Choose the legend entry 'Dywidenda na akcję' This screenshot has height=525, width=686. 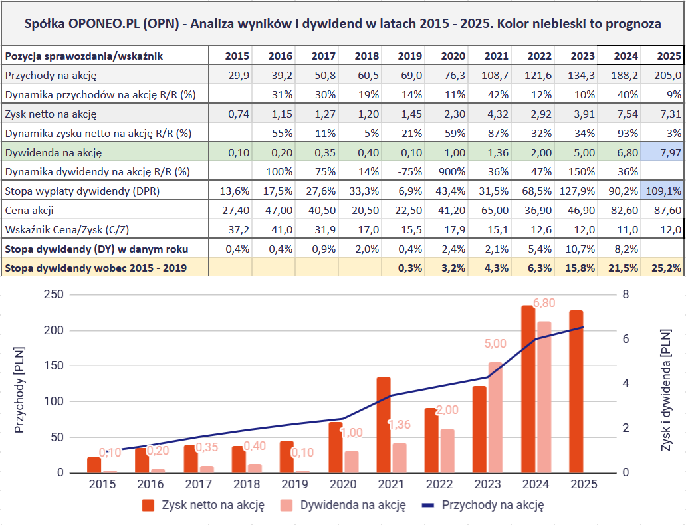click(353, 505)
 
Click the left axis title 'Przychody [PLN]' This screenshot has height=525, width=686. click(20, 388)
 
